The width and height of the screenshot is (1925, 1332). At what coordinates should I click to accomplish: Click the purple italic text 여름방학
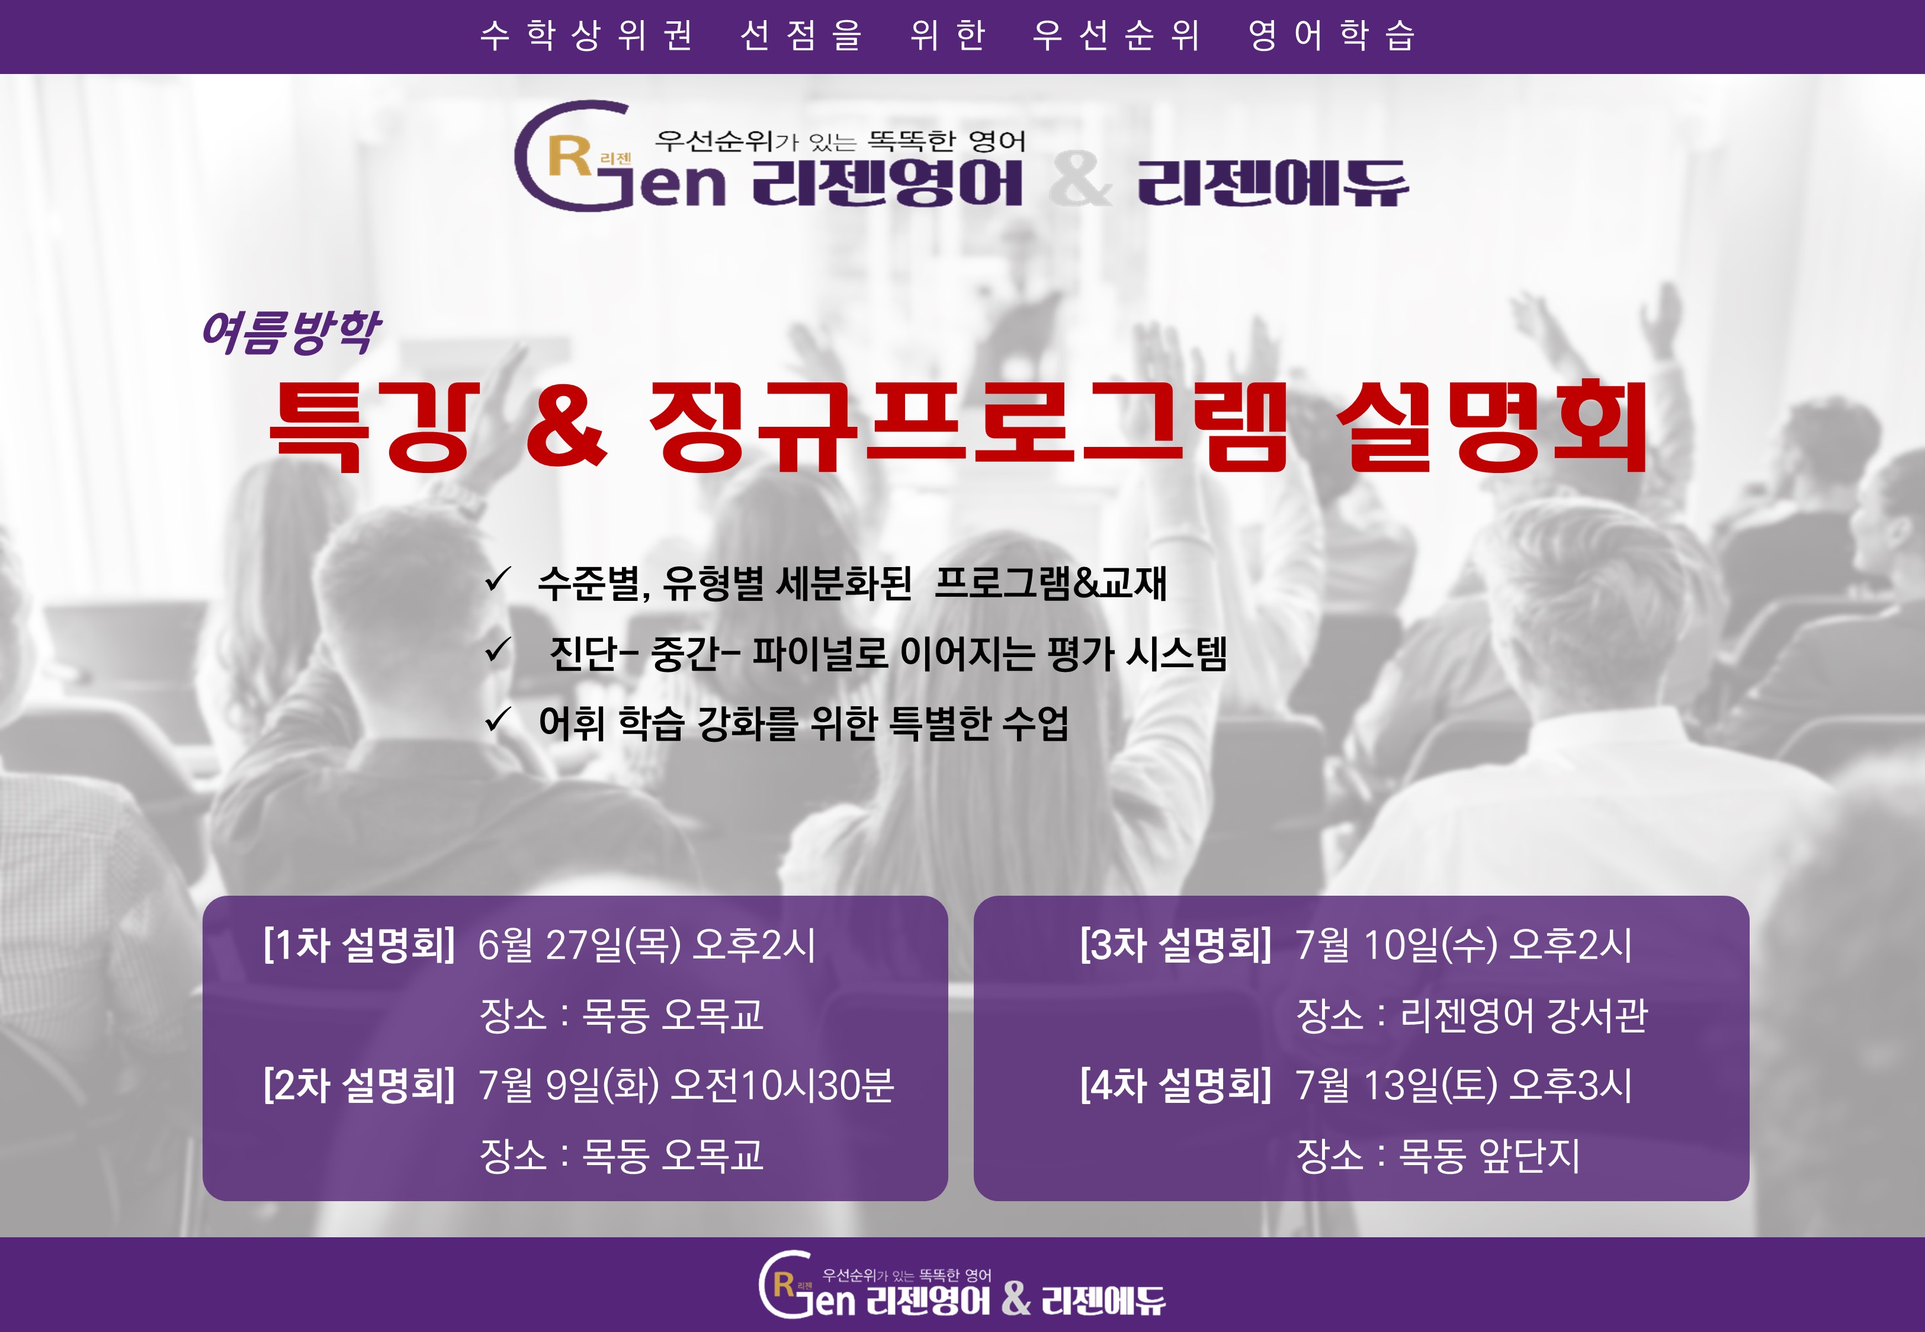[290, 332]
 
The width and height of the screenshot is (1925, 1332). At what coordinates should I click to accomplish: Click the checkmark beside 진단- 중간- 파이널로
[498, 649]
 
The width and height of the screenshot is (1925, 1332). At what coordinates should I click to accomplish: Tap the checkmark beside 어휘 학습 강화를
[498, 719]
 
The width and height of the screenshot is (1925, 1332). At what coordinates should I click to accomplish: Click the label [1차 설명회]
[359, 945]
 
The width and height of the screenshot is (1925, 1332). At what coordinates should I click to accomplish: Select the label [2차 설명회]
[359, 1085]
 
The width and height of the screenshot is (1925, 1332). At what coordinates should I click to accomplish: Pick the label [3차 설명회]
[1175, 945]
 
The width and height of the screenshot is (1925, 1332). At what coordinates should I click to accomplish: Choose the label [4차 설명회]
[1175, 1085]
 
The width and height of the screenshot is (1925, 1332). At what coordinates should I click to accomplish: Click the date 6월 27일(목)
[579, 945]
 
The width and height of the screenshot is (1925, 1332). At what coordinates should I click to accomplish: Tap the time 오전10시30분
[783, 1085]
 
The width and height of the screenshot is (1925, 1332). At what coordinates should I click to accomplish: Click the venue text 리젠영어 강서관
[1523, 1015]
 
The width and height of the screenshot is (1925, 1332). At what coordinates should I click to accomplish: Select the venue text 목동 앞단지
[1489, 1155]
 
